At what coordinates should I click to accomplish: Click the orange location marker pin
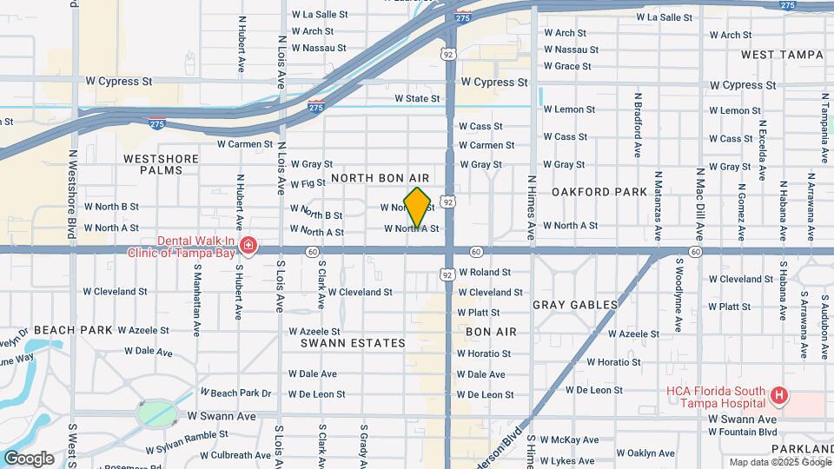click(x=418, y=208)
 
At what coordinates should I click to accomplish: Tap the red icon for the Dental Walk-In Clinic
click(x=249, y=247)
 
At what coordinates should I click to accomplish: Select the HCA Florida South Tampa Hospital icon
click(x=779, y=397)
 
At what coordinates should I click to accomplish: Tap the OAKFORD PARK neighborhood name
click(x=599, y=192)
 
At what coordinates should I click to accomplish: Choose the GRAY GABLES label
click(x=575, y=305)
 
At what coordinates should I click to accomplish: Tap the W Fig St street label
click(x=308, y=184)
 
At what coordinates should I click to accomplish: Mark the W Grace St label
click(x=567, y=66)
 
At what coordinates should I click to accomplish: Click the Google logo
click(x=29, y=458)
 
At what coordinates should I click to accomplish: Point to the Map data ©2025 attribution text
click(x=765, y=462)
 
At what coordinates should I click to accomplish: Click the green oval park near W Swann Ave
click(x=154, y=413)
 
